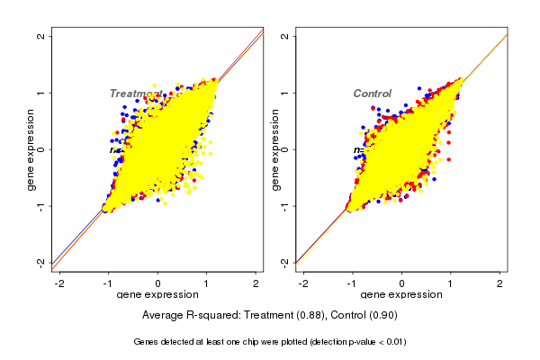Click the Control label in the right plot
pos(372,94)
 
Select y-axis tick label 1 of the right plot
pos(284,93)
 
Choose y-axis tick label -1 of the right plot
pos(284,205)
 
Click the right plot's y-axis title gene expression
pos(274,149)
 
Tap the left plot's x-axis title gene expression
pos(157,295)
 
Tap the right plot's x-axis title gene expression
pos(401,295)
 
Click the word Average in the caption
pos(163,316)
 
